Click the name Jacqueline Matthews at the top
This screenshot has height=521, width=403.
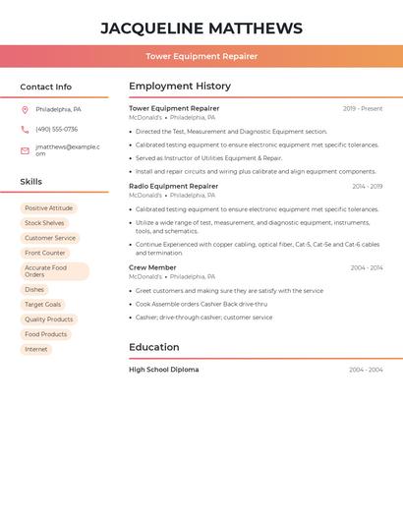(201, 29)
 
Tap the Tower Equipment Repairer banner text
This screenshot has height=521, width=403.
(201, 56)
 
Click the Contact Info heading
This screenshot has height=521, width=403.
(45, 87)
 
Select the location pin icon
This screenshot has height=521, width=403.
(25, 109)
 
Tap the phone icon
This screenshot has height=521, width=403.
(25, 129)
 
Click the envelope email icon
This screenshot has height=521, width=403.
(25, 150)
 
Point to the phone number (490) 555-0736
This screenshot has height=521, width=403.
(56, 129)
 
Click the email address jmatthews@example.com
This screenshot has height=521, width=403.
(67, 150)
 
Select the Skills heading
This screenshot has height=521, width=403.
(30, 182)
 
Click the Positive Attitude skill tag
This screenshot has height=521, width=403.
(48, 208)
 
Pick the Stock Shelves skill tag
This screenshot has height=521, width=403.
(44, 223)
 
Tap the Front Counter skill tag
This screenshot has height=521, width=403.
(45, 253)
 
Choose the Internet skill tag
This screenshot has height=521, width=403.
(35, 349)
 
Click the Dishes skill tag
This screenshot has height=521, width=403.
(34, 290)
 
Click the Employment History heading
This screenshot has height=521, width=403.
(180, 87)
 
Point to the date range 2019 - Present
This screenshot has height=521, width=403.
(363, 109)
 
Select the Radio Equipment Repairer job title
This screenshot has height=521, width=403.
(173, 186)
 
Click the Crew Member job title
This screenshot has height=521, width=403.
(152, 267)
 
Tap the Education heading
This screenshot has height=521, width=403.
(153, 347)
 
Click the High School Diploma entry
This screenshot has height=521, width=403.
(163, 370)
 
